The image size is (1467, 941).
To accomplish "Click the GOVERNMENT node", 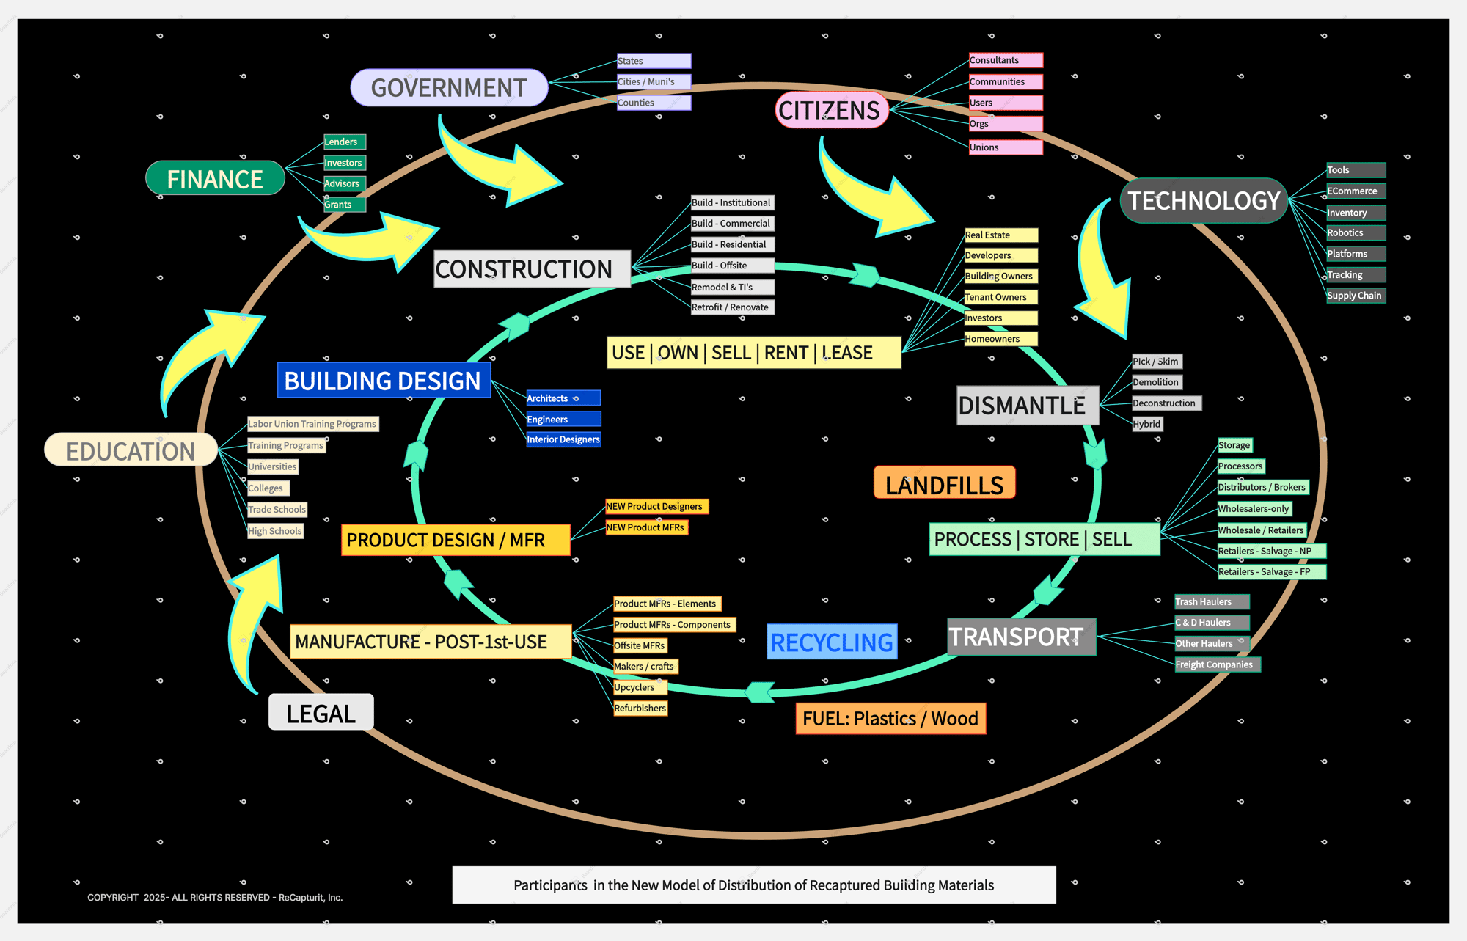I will [x=449, y=88].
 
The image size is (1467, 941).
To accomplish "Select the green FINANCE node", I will [x=215, y=179].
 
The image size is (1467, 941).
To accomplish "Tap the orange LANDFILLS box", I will [x=944, y=484].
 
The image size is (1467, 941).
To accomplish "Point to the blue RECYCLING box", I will [x=832, y=642].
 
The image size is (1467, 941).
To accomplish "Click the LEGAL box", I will [x=321, y=713].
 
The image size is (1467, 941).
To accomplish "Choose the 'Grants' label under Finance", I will [x=343, y=205].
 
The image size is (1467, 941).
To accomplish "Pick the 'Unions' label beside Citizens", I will [x=1004, y=147].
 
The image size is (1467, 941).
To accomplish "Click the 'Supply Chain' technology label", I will [x=1355, y=296].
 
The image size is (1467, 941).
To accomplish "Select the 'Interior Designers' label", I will [x=563, y=439].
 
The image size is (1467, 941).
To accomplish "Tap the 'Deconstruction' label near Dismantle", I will [x=1165, y=403].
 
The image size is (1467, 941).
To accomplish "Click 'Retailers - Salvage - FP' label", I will [x=1270, y=572].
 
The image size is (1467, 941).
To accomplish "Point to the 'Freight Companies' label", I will [x=1216, y=664].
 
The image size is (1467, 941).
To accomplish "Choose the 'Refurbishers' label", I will [x=640, y=708].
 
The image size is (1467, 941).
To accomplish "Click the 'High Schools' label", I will [x=275, y=531].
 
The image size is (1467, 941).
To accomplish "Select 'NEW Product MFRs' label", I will [x=645, y=527].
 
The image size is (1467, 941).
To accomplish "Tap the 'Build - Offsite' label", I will [x=731, y=266].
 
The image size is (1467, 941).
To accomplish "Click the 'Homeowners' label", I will [x=1000, y=339].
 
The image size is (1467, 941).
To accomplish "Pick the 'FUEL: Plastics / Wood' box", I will [x=890, y=718].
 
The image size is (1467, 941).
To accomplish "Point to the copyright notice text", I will [x=215, y=897].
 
